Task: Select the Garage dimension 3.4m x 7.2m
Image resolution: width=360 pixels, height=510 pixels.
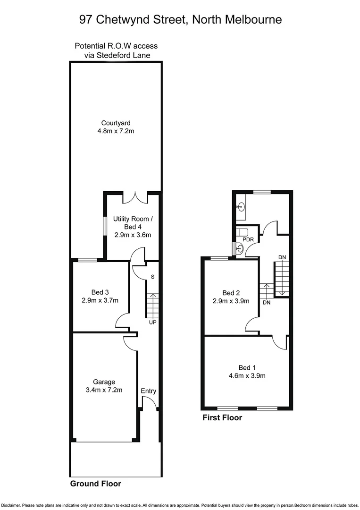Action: (104, 390)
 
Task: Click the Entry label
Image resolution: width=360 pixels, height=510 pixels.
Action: (148, 391)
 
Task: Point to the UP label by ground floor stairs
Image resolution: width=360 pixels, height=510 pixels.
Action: (152, 323)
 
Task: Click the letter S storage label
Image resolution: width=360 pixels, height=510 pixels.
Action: (152, 276)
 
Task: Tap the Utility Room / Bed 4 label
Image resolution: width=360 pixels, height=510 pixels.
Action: (133, 223)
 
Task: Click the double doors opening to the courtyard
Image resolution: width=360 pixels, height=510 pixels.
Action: (135, 198)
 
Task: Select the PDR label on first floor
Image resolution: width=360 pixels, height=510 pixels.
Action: (248, 239)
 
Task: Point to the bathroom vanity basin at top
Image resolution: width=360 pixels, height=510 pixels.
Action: (241, 206)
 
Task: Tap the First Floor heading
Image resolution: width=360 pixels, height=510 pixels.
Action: (222, 417)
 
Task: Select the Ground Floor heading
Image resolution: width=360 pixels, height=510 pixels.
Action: (96, 484)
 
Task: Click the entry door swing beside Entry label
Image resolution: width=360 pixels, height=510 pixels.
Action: (149, 403)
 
